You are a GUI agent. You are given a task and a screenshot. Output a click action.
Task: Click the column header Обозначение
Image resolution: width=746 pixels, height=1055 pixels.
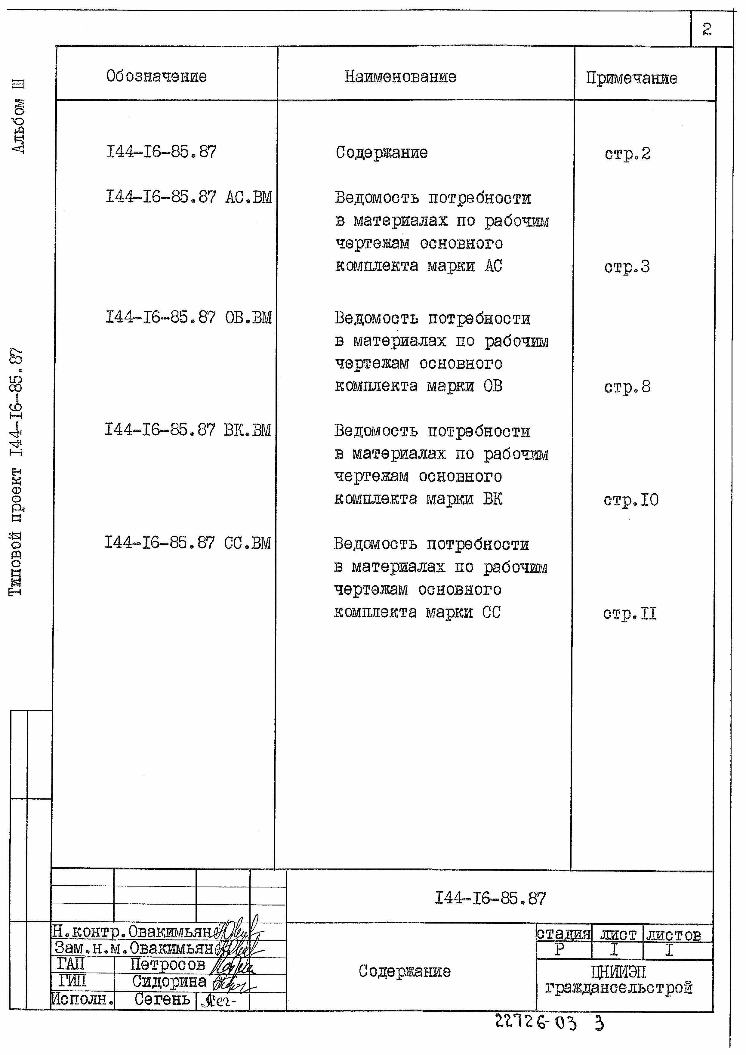point(156,76)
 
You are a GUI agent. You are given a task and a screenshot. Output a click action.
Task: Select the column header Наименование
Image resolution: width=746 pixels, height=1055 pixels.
point(401,77)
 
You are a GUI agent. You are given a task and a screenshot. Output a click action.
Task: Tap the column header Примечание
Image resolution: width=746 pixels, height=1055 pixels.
point(632,78)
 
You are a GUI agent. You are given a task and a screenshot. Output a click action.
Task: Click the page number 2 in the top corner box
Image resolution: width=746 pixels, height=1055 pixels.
point(707,29)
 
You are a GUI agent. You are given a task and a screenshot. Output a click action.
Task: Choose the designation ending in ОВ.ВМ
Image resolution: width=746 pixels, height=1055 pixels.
point(188,317)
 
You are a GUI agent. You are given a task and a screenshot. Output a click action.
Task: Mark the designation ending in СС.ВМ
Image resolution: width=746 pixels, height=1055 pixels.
point(187,543)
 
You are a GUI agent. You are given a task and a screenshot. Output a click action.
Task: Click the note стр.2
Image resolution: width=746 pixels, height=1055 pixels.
point(627,153)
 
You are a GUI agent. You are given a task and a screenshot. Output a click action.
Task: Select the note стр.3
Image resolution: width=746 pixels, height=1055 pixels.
point(627,267)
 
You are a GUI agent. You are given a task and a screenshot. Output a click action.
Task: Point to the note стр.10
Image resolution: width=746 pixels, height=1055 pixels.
point(631,500)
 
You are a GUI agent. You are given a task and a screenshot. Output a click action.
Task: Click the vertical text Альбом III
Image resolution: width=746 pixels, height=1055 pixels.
point(18,116)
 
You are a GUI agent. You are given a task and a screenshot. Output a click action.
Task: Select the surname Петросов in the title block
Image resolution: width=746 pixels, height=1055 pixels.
point(168,964)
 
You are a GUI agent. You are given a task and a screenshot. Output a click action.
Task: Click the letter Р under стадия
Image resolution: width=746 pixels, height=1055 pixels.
point(559,949)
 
